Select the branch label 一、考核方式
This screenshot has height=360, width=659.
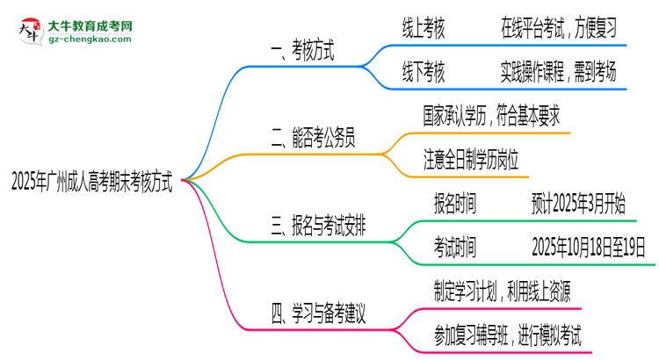[300, 53]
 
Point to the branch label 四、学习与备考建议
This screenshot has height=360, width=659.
[317, 311]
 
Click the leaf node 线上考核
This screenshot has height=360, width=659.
[423, 30]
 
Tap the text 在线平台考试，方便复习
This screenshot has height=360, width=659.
[558, 30]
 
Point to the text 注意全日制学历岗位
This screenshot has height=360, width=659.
[471, 160]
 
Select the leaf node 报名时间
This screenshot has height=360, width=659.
[455, 205]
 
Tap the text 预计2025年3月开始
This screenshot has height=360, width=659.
[578, 205]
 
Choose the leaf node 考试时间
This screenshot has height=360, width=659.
[455, 247]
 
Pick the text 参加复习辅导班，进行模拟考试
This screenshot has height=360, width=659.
[507, 334]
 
